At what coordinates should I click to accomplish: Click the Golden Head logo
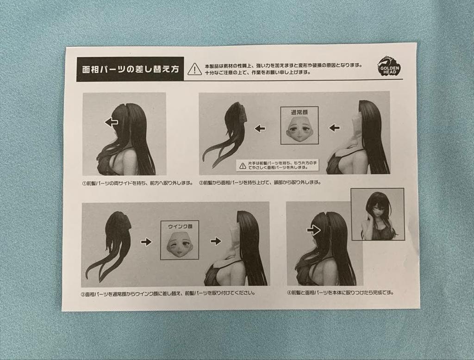(388, 66)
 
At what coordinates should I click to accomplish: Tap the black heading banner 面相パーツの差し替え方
(130, 69)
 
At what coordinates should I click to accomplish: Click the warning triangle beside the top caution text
(195, 69)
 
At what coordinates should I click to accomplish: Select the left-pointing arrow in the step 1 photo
(111, 122)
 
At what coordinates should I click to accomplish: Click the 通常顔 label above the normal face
(299, 112)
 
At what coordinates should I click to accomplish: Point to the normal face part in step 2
(299, 129)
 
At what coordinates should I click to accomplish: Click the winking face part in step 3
(180, 244)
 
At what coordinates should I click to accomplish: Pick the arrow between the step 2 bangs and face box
(260, 128)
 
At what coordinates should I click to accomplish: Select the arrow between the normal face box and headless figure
(334, 128)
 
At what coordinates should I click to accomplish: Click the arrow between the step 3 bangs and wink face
(146, 242)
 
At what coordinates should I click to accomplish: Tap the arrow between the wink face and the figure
(216, 241)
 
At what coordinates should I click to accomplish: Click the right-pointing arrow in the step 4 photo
(313, 230)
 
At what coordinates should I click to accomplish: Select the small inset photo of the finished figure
(377, 214)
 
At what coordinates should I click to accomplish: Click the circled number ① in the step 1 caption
(85, 183)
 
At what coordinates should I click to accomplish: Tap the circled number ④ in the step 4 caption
(289, 292)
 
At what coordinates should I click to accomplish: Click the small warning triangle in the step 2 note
(242, 165)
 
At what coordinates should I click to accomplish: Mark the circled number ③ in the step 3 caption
(83, 293)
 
